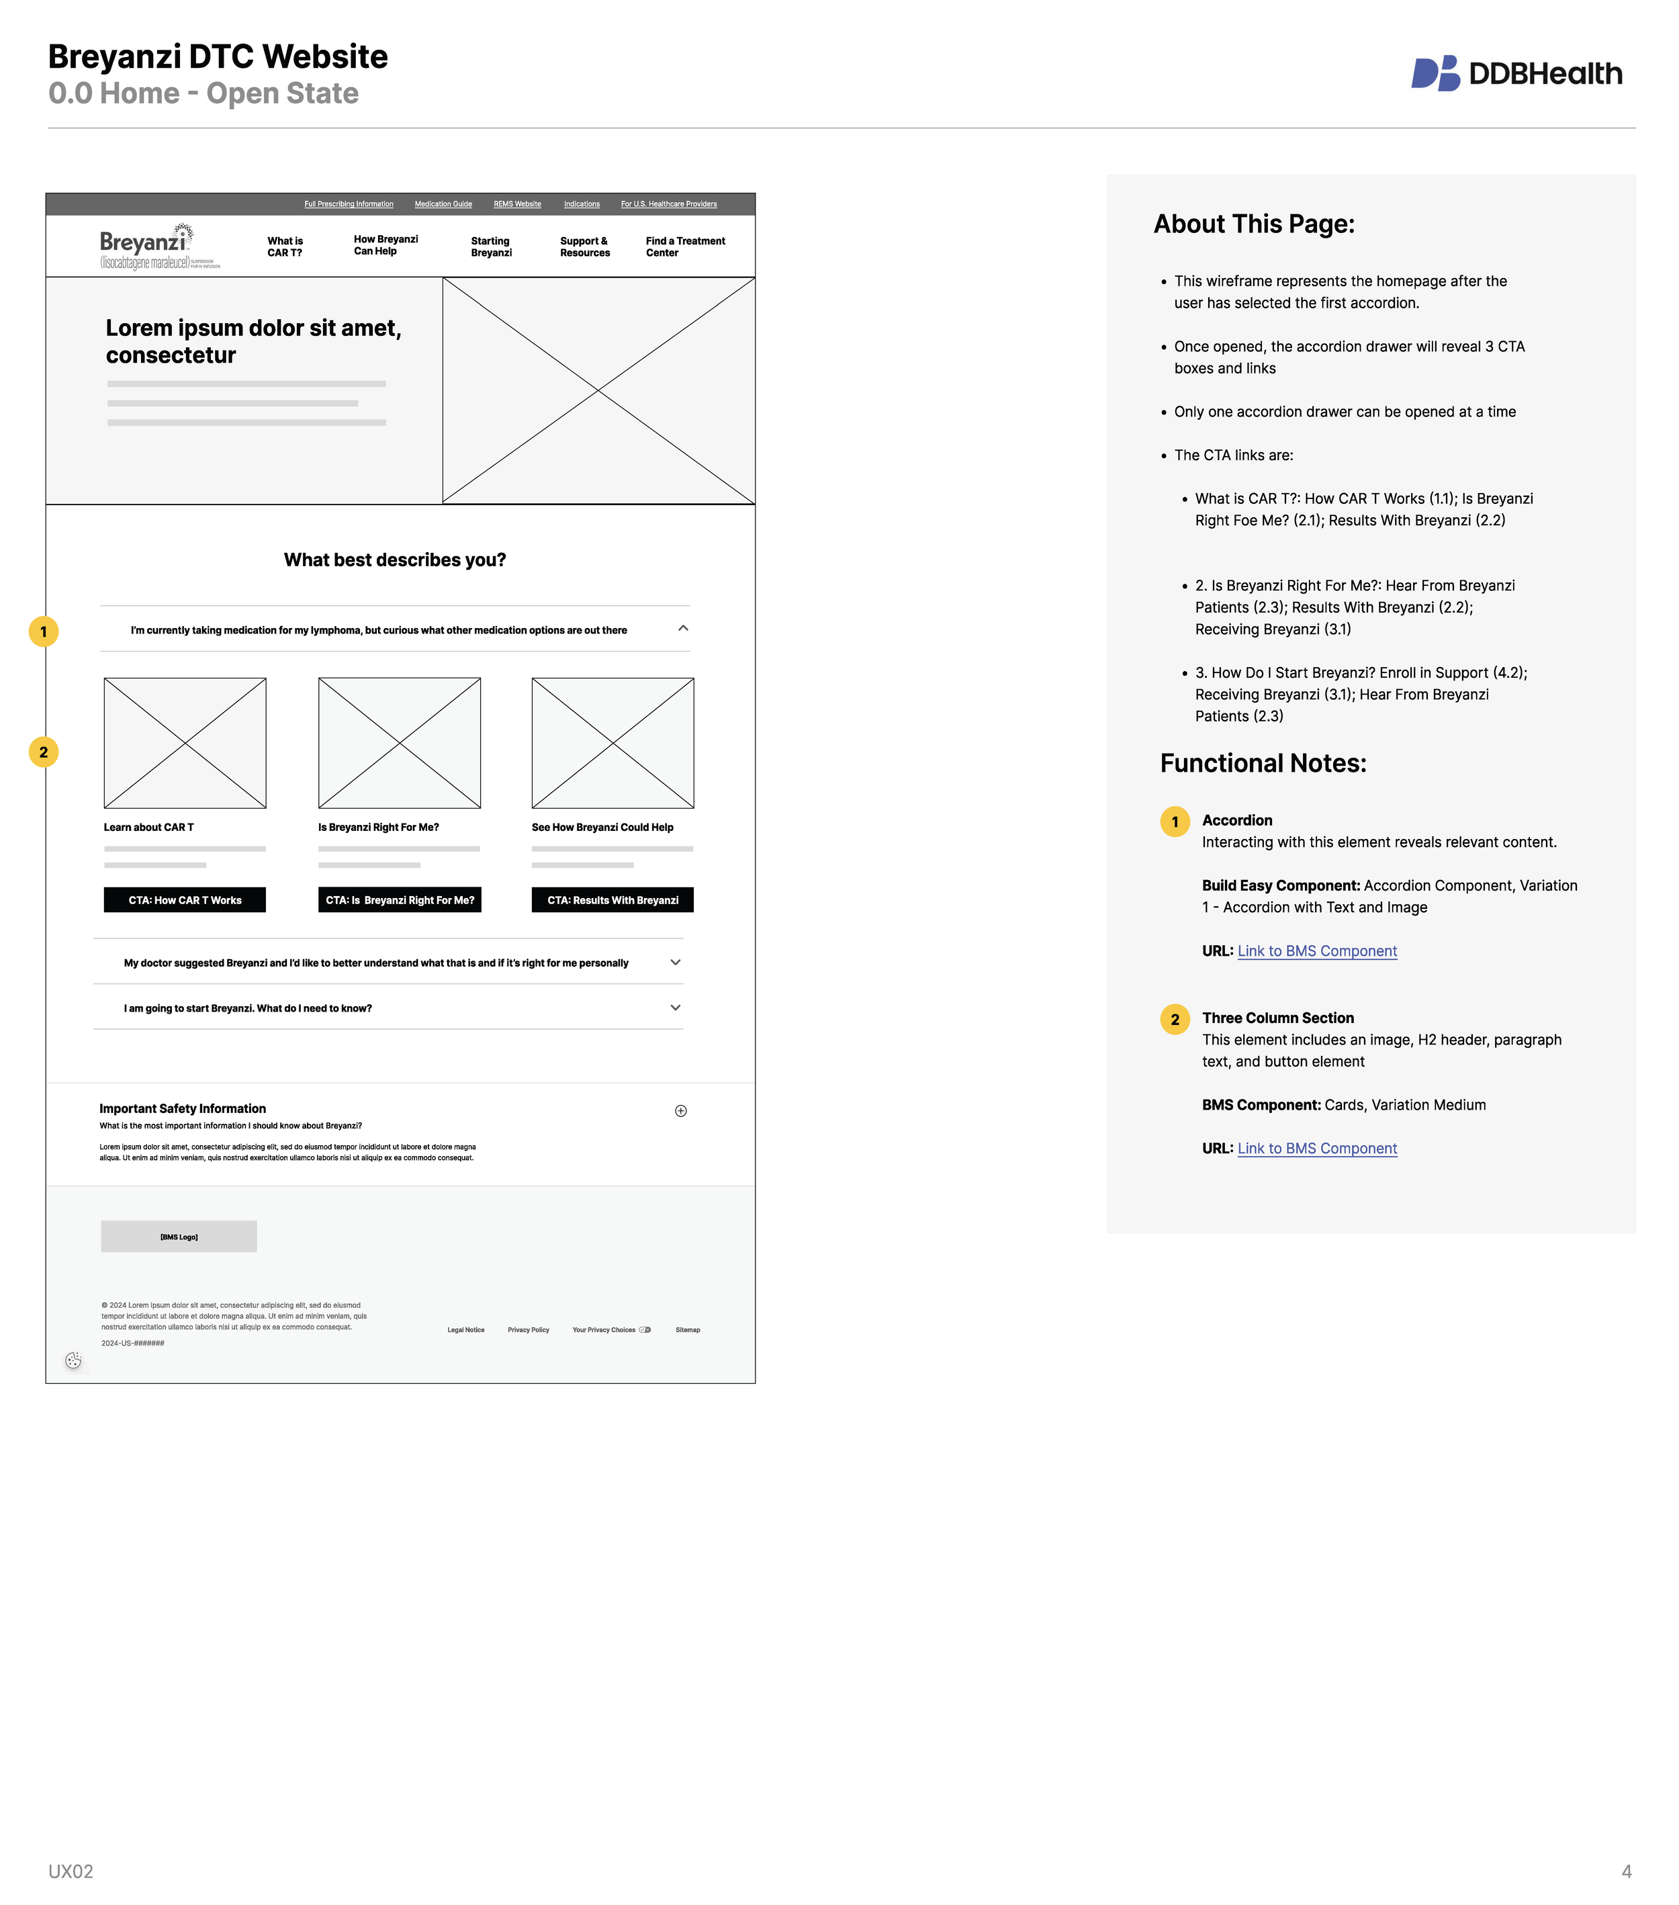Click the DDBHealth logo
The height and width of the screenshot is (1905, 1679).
(1516, 74)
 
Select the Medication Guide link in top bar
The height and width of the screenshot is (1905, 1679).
(443, 204)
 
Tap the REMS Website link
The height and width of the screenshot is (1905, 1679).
(517, 204)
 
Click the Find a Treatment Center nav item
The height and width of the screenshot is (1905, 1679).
(685, 247)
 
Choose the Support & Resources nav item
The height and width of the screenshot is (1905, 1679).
(584, 247)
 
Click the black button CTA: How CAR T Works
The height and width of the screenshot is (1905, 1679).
(185, 900)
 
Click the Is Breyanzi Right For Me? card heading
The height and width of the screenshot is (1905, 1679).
(378, 828)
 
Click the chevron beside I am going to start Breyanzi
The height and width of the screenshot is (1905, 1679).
(676, 1008)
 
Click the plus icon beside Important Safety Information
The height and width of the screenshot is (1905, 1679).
(681, 1111)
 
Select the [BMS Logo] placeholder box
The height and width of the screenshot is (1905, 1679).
(179, 1237)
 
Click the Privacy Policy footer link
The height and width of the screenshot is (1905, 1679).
(529, 1330)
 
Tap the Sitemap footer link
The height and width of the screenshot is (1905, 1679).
(688, 1330)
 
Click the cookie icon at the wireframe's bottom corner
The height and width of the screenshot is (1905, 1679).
(74, 1361)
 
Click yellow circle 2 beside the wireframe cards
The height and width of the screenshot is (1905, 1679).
(44, 752)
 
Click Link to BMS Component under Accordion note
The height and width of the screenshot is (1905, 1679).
(1316, 952)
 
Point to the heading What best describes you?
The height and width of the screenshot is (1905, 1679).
(395, 560)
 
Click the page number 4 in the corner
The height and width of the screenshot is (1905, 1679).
(1626, 1871)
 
